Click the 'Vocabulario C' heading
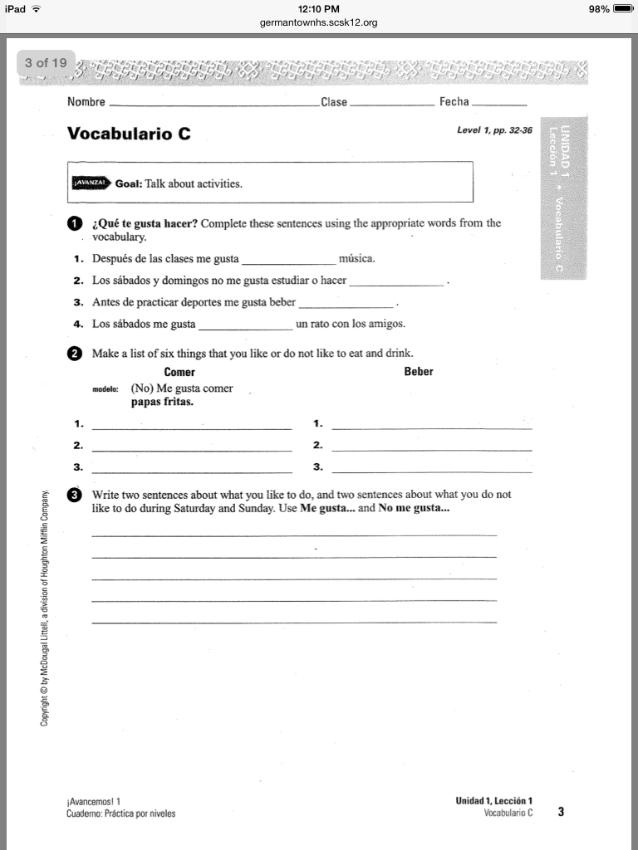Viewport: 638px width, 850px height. tap(129, 134)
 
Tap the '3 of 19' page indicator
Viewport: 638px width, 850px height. tap(46, 62)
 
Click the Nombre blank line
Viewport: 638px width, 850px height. tap(213, 106)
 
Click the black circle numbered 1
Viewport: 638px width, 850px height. tap(74, 224)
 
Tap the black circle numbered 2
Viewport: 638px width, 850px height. tap(74, 354)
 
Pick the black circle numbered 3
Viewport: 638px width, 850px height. tap(74, 495)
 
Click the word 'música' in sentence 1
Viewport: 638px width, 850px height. tap(357, 259)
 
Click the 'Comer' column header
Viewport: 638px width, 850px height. tap(179, 372)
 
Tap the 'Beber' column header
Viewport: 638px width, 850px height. tap(418, 372)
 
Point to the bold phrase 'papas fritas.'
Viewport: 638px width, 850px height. tap(162, 402)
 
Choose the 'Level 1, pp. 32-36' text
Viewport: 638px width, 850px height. tap(494, 131)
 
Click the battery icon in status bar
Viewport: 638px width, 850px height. tap(623, 8)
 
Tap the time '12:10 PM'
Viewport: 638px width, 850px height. tap(318, 8)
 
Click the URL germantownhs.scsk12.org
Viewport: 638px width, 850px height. tap(318, 22)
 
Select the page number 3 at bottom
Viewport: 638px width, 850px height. tap(561, 812)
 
